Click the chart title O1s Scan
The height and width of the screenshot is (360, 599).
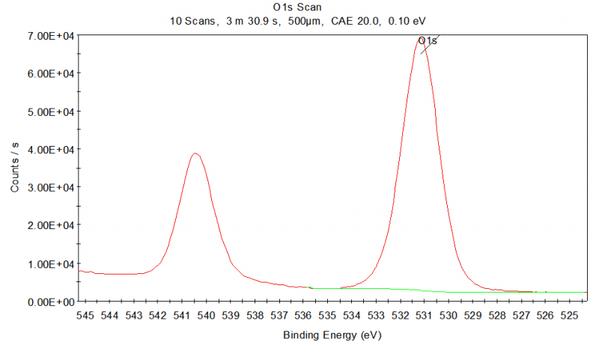coord(299,7)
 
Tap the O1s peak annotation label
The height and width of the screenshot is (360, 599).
coord(427,40)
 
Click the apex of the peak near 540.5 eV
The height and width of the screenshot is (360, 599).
coord(195,153)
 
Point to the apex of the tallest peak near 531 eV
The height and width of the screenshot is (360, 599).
coord(421,39)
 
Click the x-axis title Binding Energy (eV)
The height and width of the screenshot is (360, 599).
coord(332,335)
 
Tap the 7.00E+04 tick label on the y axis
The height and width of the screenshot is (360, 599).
coord(49,36)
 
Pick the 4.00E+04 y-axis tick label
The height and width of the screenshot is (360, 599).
coord(49,150)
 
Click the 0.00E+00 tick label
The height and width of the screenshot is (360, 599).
coord(49,302)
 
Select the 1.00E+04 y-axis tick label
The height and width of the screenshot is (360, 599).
coord(49,263)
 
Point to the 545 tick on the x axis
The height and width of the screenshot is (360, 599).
coord(85,316)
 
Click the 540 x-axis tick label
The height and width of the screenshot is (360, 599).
coord(206,316)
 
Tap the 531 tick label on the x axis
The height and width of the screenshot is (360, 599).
coord(425,316)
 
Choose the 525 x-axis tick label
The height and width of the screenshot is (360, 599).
coord(570,316)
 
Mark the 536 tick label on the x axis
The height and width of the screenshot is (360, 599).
coord(303,316)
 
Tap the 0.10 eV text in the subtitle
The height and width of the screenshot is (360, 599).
coord(408,21)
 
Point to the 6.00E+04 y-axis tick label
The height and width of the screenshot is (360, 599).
coord(49,73)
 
